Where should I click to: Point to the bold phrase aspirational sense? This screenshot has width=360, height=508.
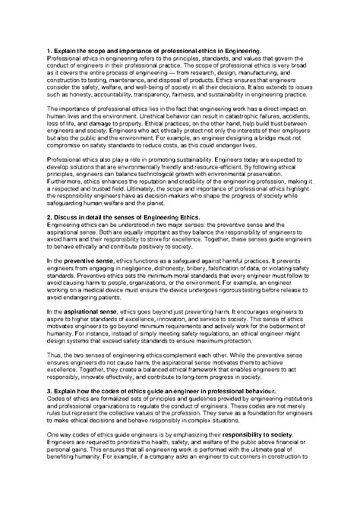[88, 311]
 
